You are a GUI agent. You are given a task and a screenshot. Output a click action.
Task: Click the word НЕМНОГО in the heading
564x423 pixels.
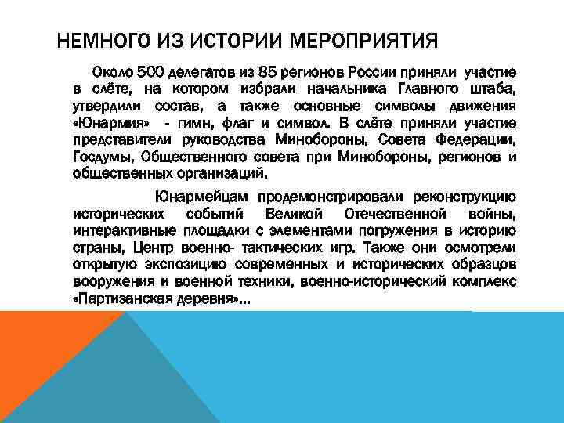[x=99, y=38]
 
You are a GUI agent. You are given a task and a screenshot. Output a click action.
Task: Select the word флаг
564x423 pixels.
[x=240, y=123]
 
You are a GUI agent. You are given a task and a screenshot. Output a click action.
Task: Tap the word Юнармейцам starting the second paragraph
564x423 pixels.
[x=200, y=197]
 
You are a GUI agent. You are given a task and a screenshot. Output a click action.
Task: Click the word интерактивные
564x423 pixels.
[x=119, y=230]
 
